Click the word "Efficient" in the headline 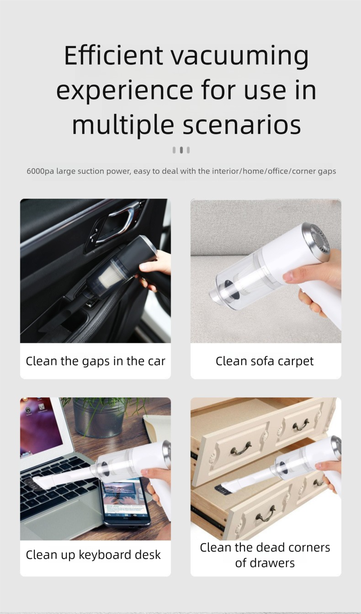113,55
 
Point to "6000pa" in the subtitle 40,171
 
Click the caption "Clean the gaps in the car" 96,361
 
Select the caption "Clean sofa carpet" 265,361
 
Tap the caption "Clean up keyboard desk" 93,555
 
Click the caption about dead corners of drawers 265,555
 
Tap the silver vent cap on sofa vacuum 320,242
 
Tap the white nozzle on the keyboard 64,480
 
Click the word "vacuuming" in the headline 239,55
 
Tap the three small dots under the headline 181,150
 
